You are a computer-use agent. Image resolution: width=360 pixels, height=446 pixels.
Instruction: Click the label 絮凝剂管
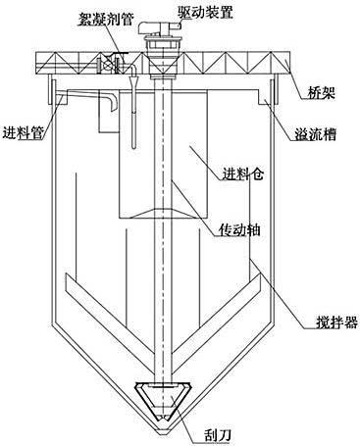107,18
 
